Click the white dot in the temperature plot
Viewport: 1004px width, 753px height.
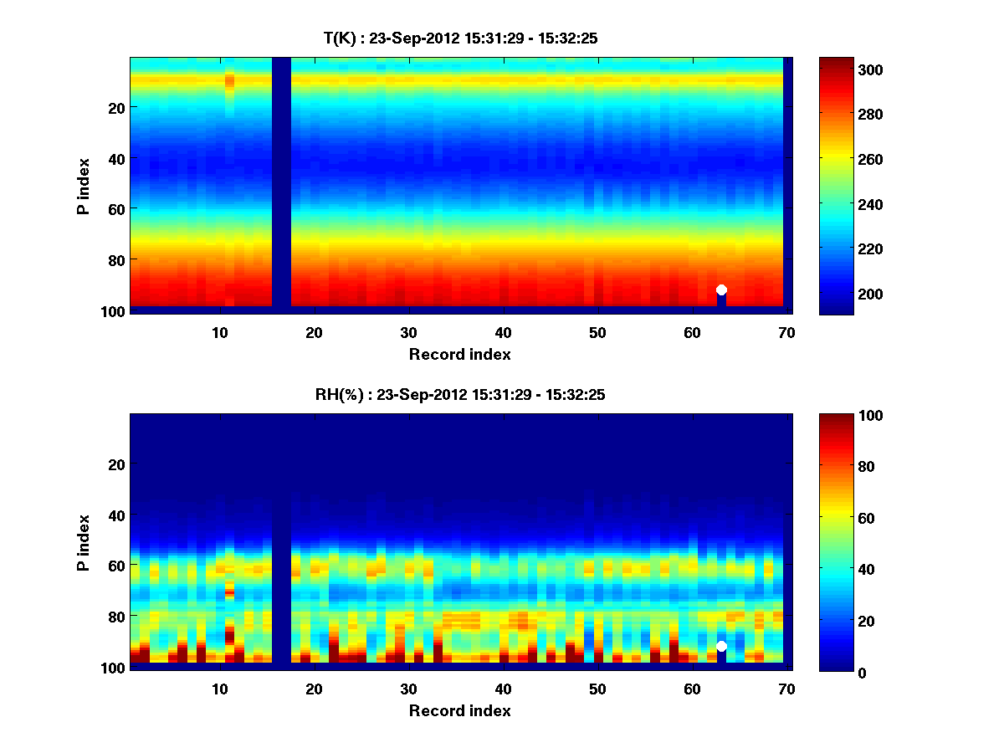(721, 289)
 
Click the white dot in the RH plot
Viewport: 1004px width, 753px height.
(721, 646)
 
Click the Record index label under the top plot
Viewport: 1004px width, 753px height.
(460, 354)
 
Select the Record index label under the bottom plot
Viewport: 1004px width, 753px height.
(460, 710)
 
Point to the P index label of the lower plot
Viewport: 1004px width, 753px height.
(84, 542)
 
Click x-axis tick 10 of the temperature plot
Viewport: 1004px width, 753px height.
(219, 332)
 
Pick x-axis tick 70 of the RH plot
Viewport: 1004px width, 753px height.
(786, 689)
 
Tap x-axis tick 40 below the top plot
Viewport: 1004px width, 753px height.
(503, 332)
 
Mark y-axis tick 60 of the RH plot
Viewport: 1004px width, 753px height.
(116, 566)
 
